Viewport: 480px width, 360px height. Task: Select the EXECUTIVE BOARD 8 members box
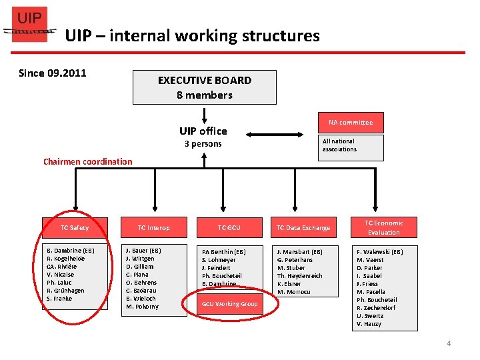[x=205, y=87]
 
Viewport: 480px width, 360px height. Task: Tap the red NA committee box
[x=351, y=122]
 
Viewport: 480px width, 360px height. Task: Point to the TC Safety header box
[x=74, y=228]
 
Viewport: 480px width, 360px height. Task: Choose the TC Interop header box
[x=154, y=228]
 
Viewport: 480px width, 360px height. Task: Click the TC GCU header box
[x=229, y=228]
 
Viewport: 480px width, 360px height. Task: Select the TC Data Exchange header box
[x=303, y=228]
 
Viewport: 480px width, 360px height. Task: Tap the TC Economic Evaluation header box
[x=384, y=227]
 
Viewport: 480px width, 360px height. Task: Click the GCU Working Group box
[x=229, y=304]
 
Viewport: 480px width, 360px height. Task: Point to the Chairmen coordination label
[x=88, y=161]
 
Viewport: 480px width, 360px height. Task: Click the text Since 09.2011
[x=53, y=73]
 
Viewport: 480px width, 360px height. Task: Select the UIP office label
[x=203, y=131]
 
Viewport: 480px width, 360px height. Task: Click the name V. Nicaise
[x=61, y=275]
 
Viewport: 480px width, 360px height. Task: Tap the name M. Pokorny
[x=143, y=307]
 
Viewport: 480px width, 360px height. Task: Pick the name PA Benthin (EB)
[x=224, y=252]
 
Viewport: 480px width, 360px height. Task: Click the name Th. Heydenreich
[x=300, y=276]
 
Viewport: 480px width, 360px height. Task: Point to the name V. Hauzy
[x=369, y=324]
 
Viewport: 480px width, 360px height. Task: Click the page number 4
[x=449, y=343]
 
